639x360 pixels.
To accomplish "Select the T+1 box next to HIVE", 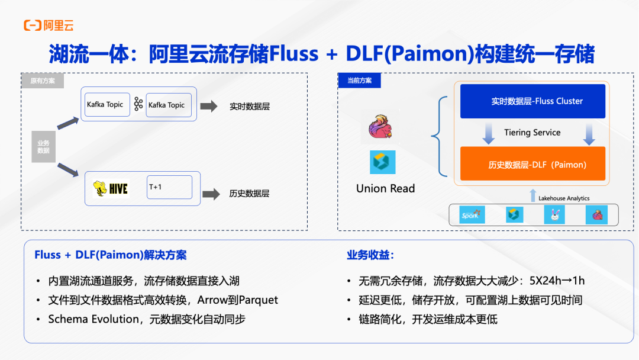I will (169, 187).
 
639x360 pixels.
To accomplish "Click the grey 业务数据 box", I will (44, 146).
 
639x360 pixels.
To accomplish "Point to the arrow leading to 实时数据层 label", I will (209, 107).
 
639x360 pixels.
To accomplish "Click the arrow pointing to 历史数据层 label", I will (211, 194).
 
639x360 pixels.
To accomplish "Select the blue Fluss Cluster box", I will (532, 101).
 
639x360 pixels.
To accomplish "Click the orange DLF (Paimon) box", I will (532, 164).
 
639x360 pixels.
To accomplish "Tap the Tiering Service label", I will (532, 133).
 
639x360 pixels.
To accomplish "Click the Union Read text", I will (385, 188).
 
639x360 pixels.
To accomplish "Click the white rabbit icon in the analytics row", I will (554, 214).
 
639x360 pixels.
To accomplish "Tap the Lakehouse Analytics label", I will (563, 198).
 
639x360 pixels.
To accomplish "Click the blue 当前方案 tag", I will (359, 81).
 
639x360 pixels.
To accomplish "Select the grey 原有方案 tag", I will (43, 81).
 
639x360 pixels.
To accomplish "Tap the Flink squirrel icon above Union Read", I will (382, 128).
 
